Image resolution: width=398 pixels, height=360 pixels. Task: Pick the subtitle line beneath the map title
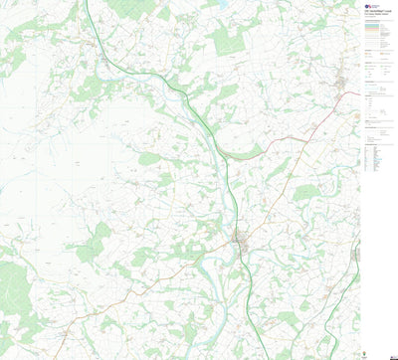(376, 15)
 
